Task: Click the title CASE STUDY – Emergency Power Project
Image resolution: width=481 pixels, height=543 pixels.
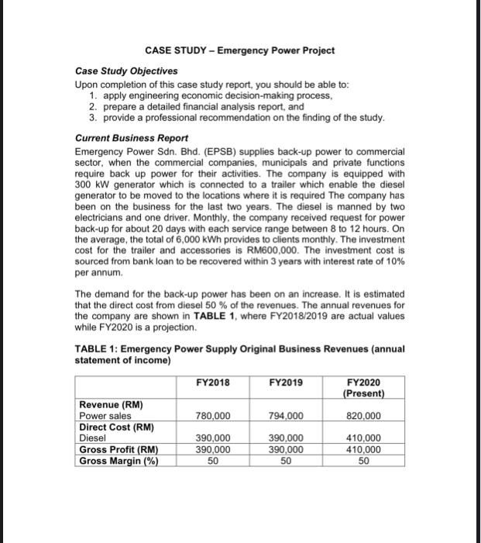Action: pyautogui.click(x=240, y=50)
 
